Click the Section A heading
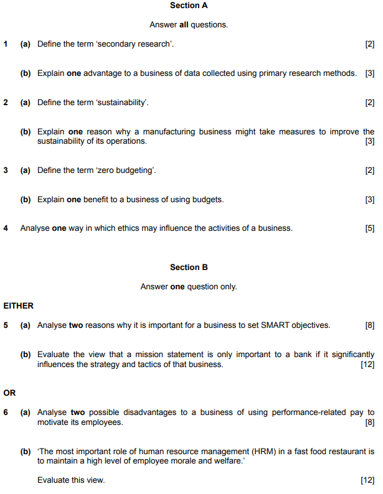point(189,6)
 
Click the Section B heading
point(189,268)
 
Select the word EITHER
point(19,306)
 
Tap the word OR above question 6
point(9,393)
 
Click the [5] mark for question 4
point(370,228)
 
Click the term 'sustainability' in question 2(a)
point(121,103)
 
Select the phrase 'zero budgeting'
point(125,170)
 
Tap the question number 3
point(6,170)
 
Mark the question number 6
point(6,412)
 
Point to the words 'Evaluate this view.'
point(71,480)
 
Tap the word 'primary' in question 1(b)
point(254,73)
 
